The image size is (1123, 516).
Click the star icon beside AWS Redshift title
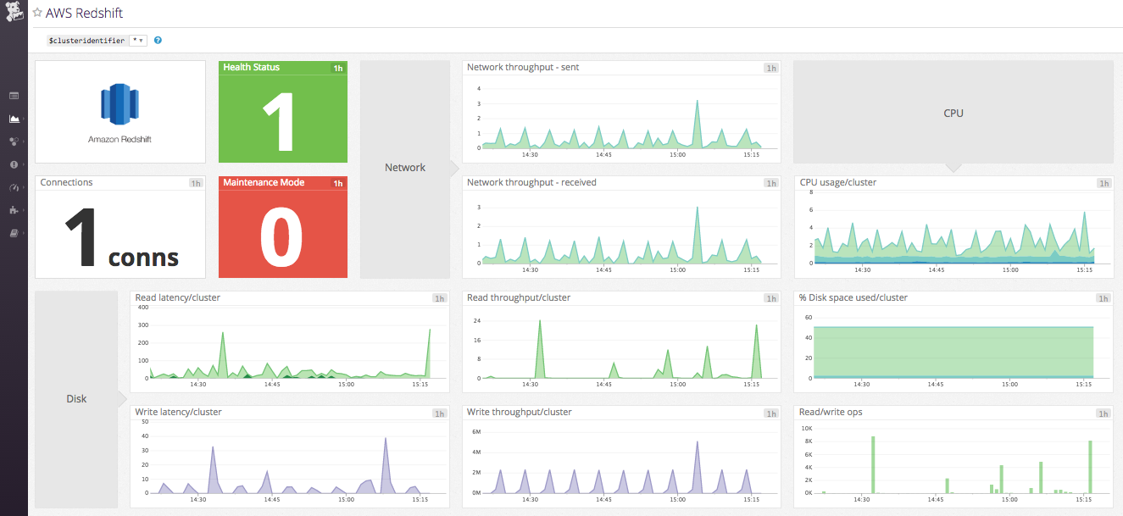(x=37, y=13)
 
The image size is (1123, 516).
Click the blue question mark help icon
(x=158, y=40)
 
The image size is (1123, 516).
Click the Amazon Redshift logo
(x=120, y=104)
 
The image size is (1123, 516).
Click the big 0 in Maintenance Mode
(x=282, y=236)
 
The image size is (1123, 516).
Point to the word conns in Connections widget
(x=143, y=257)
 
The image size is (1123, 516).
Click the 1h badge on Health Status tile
(x=338, y=68)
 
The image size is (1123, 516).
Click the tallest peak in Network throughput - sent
(x=697, y=101)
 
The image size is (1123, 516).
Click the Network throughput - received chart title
(x=531, y=182)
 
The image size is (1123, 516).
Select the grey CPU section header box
(x=953, y=112)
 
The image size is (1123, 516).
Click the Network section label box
(x=404, y=168)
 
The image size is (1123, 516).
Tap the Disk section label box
(x=76, y=398)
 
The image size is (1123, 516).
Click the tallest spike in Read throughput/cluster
(x=539, y=322)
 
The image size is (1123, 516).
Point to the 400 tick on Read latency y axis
(x=142, y=307)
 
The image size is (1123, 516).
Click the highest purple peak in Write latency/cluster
(x=385, y=440)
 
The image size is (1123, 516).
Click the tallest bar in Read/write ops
(x=873, y=438)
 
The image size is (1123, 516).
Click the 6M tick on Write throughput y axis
(x=475, y=431)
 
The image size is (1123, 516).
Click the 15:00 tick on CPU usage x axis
(x=1010, y=270)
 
